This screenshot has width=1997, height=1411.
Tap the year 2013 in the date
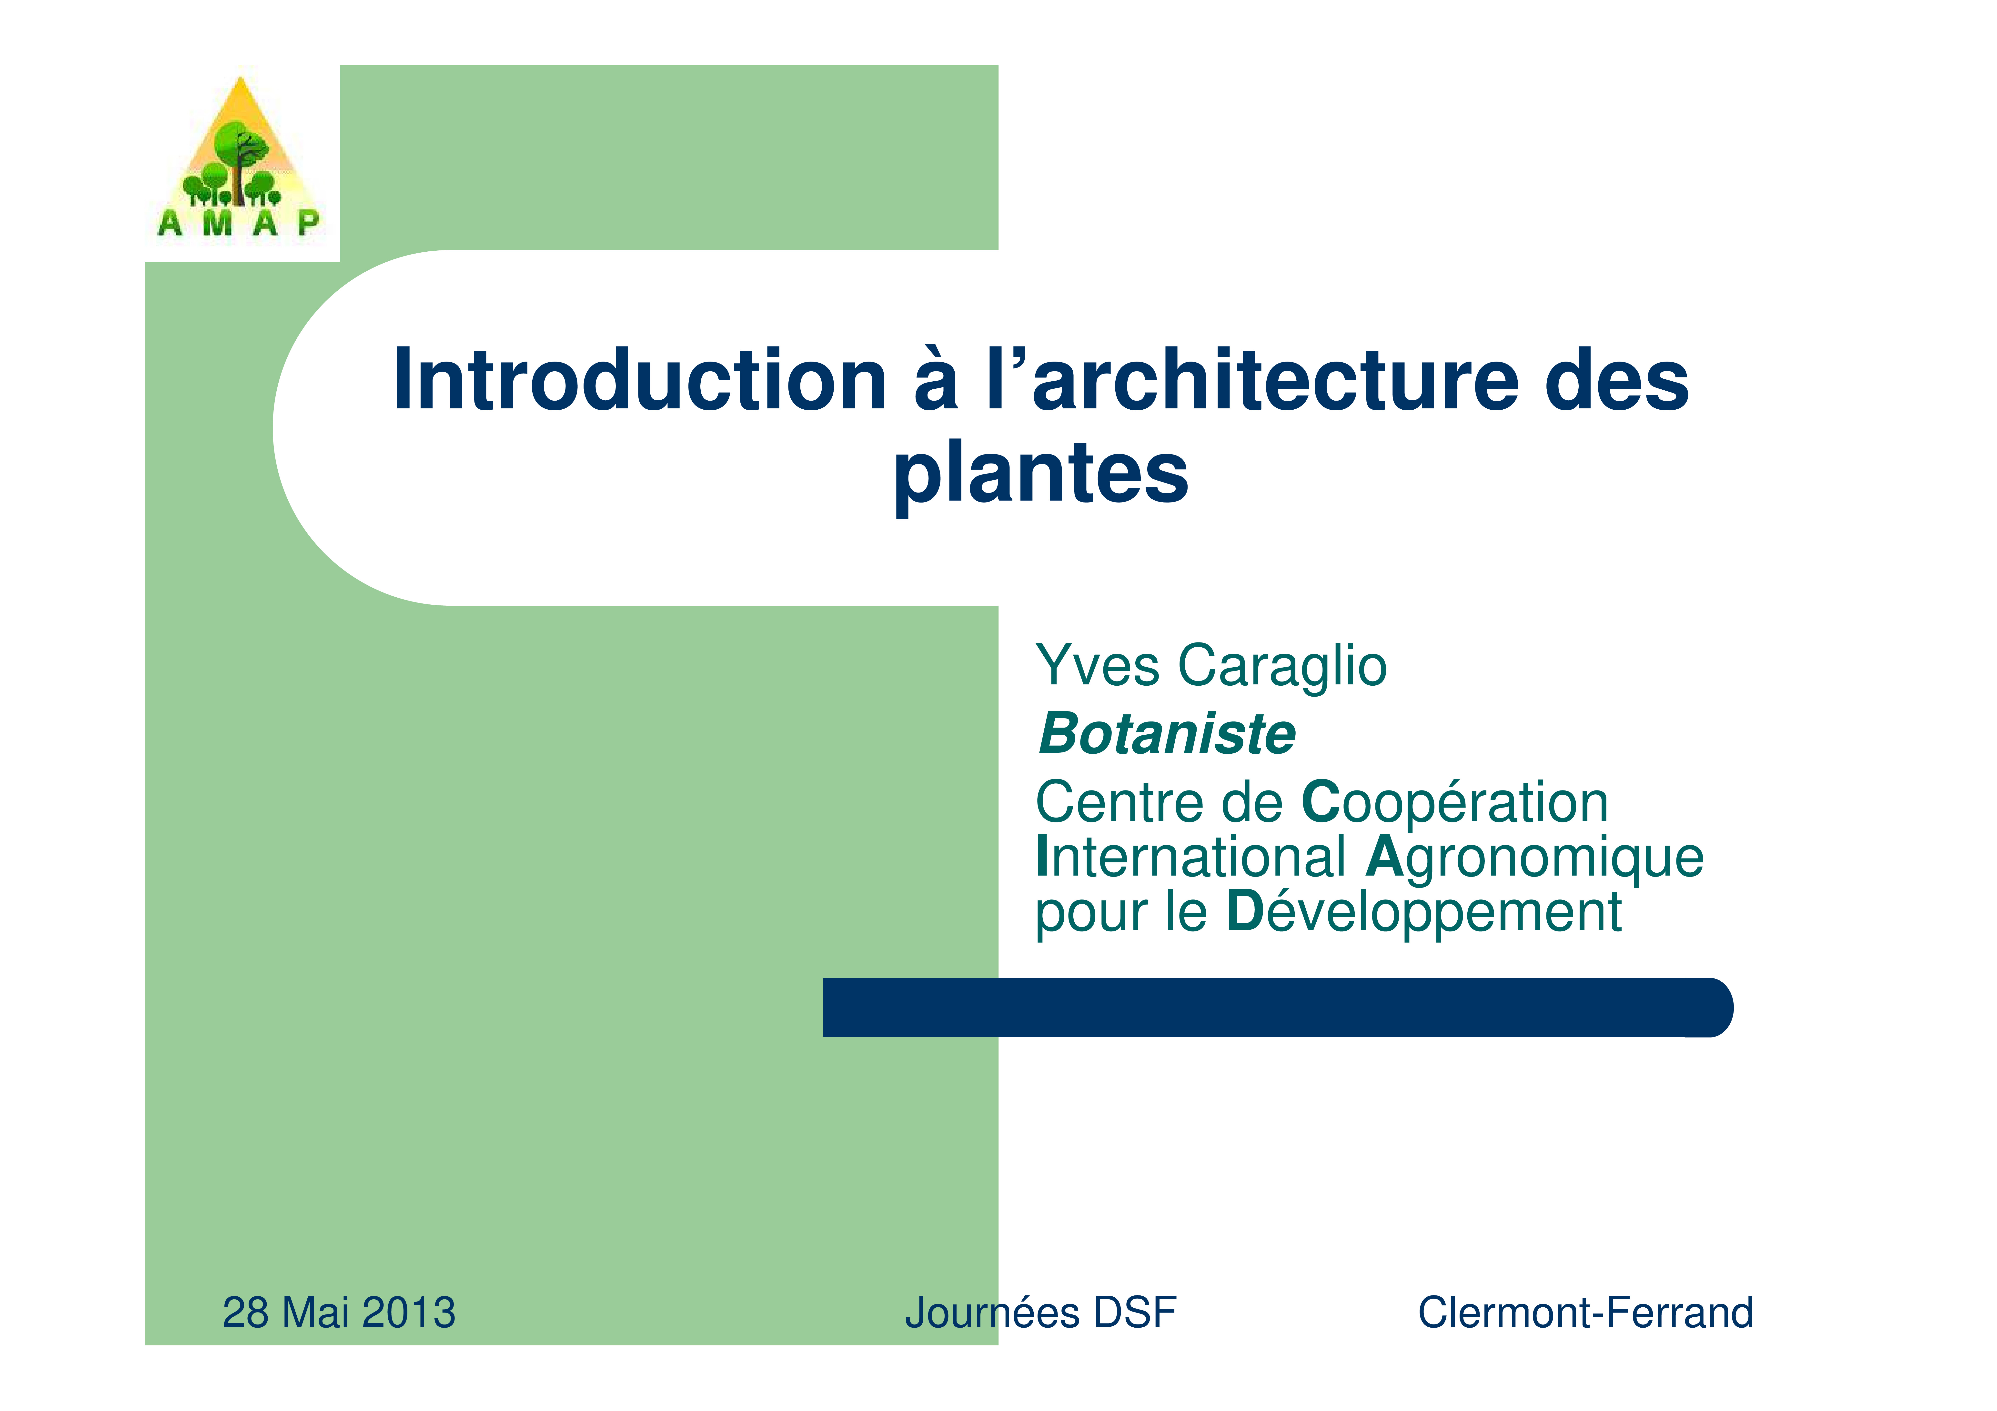pos(409,1313)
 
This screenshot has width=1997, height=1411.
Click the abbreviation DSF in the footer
pos(1135,1313)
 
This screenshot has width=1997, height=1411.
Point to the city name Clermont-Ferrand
pos(1586,1313)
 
